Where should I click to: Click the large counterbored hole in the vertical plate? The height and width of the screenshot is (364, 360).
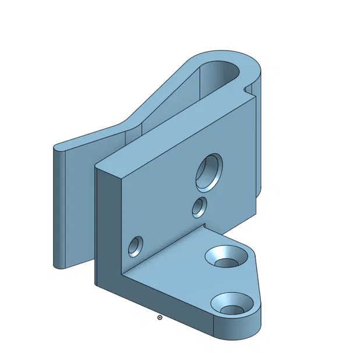pyautogui.click(x=208, y=173)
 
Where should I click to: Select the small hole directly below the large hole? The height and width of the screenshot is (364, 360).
pyautogui.click(x=199, y=207)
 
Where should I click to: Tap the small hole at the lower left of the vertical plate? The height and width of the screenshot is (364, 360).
pyautogui.click(x=135, y=246)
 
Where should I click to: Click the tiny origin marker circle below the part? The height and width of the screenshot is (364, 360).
pyautogui.click(x=160, y=317)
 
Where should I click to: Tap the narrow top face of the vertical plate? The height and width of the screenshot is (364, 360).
pyautogui.click(x=175, y=131)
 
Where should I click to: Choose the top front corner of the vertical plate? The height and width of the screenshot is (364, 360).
pyautogui.click(x=97, y=167)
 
